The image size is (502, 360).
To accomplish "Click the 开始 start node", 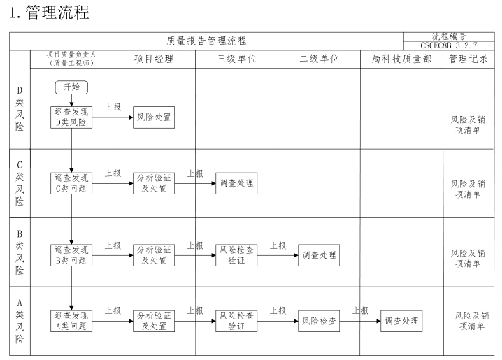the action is (71, 87).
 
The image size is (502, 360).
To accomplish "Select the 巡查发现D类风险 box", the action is (71, 117).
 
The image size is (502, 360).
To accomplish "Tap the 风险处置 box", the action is (154, 117).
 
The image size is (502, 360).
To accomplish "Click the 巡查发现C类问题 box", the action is (71, 183).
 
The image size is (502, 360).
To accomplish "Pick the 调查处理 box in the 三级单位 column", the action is (236, 183).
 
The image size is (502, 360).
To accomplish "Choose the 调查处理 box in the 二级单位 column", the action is (319, 256).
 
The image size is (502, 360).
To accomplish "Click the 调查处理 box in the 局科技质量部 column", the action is (401, 321).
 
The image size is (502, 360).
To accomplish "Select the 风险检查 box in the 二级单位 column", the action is (319, 322).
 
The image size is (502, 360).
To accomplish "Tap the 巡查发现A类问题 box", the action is (71, 321).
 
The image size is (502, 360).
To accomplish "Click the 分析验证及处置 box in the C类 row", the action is (154, 183).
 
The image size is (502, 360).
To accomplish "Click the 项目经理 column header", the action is (154, 59).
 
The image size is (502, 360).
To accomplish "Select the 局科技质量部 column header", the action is (401, 59).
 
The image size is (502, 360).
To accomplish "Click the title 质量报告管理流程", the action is (206, 41).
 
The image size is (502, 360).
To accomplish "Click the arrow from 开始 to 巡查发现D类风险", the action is (71, 99).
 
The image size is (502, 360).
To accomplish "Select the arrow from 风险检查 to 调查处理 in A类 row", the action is (360, 322).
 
